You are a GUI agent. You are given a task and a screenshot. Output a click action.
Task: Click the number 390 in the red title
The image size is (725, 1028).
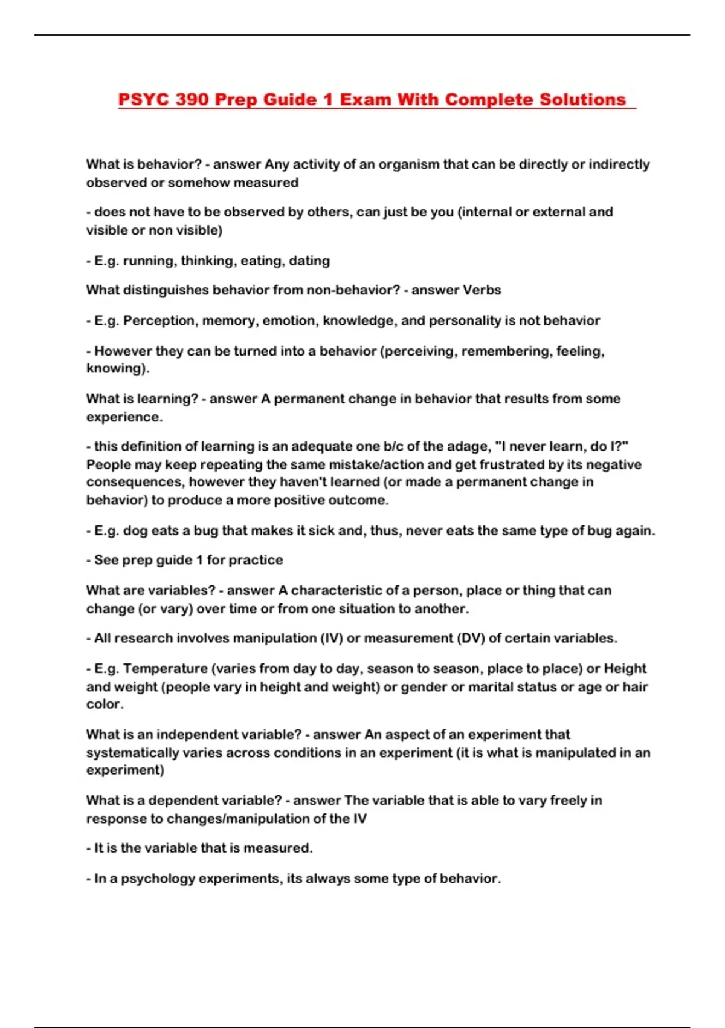click(192, 99)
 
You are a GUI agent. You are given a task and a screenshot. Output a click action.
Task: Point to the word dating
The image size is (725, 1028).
click(309, 261)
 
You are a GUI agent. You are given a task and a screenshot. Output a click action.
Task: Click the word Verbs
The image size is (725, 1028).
click(478, 290)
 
